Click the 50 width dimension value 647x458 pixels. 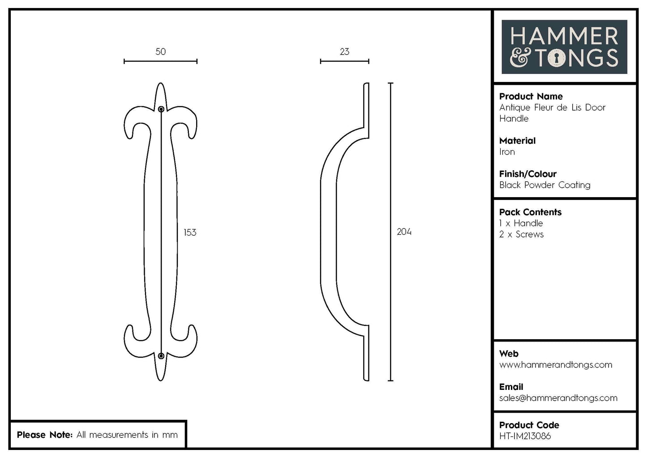(160, 52)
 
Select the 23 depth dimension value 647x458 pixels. (344, 52)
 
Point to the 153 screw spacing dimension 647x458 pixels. (190, 232)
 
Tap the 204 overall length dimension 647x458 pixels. (404, 232)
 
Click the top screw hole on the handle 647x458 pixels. (161, 108)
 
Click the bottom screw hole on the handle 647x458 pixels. (161, 356)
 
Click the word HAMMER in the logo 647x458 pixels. (564, 36)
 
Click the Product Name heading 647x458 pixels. (531, 96)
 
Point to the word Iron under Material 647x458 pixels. (507, 152)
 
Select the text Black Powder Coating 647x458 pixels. (544, 185)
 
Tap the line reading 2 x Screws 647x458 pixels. (521, 234)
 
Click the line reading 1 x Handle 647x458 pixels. (521, 223)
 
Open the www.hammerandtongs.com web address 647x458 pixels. (555, 365)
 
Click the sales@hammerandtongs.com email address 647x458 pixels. (558, 398)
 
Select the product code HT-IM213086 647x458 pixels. (525, 436)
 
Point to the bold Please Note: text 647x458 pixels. (44, 435)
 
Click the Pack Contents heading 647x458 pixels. (530, 212)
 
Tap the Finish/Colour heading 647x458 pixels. (527, 174)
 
